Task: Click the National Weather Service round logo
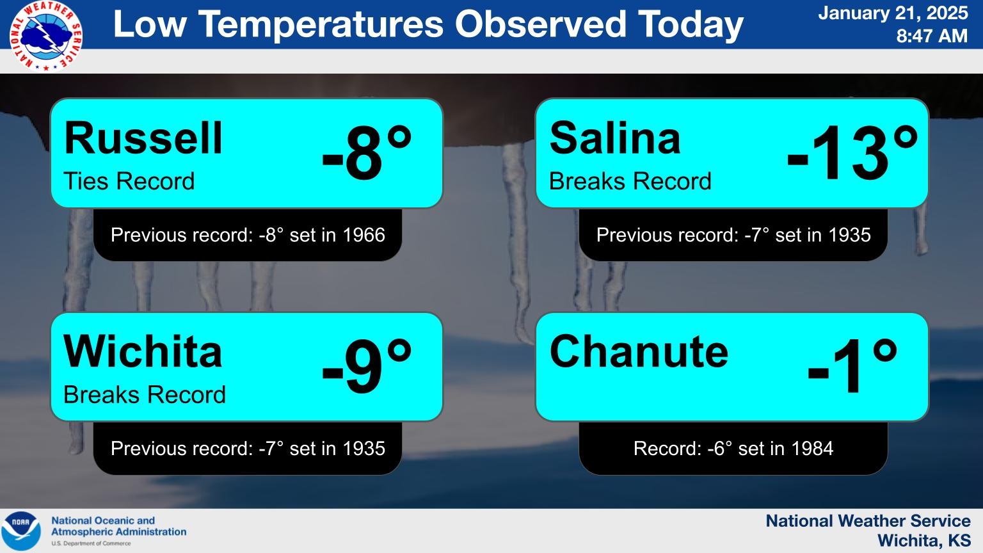coord(45,36)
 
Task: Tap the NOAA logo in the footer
coord(20,531)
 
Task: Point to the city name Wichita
coord(143,351)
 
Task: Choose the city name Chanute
coord(639,351)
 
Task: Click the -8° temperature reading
coord(367,152)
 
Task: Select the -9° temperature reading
coord(367,365)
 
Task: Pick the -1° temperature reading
coord(852,365)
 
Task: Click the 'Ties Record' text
coord(129,181)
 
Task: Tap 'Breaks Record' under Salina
coord(630,181)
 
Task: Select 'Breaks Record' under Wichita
coord(145,394)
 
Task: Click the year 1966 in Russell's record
coord(364,235)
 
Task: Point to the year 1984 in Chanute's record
coord(812,448)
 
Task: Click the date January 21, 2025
coord(893,13)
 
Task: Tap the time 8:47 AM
coord(932,36)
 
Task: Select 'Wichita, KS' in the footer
coord(923,540)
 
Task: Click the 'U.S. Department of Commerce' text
coord(91,543)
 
